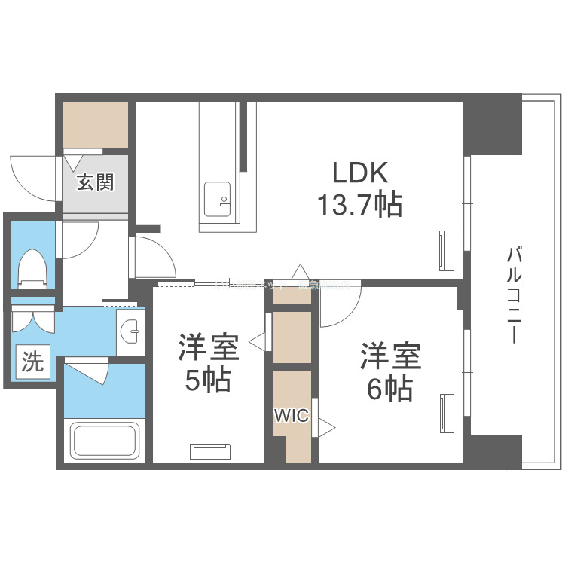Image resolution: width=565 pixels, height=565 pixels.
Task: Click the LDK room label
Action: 360,173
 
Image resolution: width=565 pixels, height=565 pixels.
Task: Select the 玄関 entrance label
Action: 96,182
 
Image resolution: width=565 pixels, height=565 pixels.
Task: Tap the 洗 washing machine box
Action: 32,362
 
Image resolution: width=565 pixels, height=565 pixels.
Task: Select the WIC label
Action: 291,416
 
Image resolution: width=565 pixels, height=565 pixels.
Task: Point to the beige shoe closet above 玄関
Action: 95,124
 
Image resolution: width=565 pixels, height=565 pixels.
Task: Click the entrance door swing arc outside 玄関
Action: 34,176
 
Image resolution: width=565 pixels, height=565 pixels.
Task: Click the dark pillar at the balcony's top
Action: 492,124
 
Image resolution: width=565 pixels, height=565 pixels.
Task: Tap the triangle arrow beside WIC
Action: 325,427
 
